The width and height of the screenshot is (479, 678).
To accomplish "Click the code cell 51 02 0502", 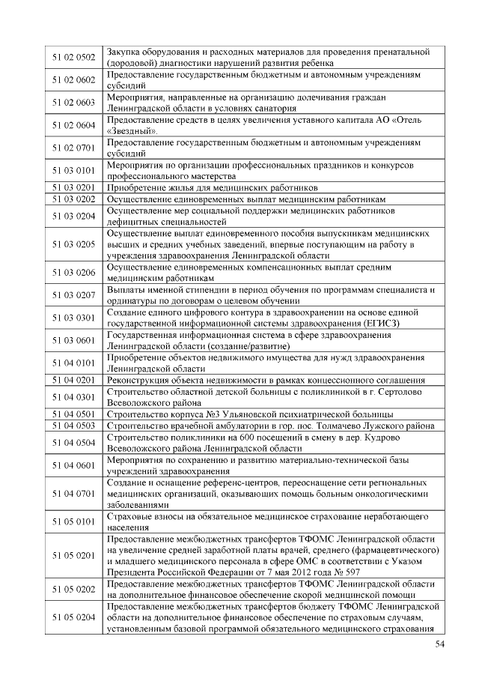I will tap(73, 57).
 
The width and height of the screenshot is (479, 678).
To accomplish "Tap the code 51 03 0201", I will tap(73, 187).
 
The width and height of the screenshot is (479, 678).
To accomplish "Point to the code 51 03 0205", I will tap(73, 244).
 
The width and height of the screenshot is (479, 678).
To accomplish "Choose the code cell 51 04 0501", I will tap(73, 414).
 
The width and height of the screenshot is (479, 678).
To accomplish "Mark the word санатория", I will tap(259, 108).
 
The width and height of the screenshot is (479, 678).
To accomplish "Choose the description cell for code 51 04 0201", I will tap(266, 380).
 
